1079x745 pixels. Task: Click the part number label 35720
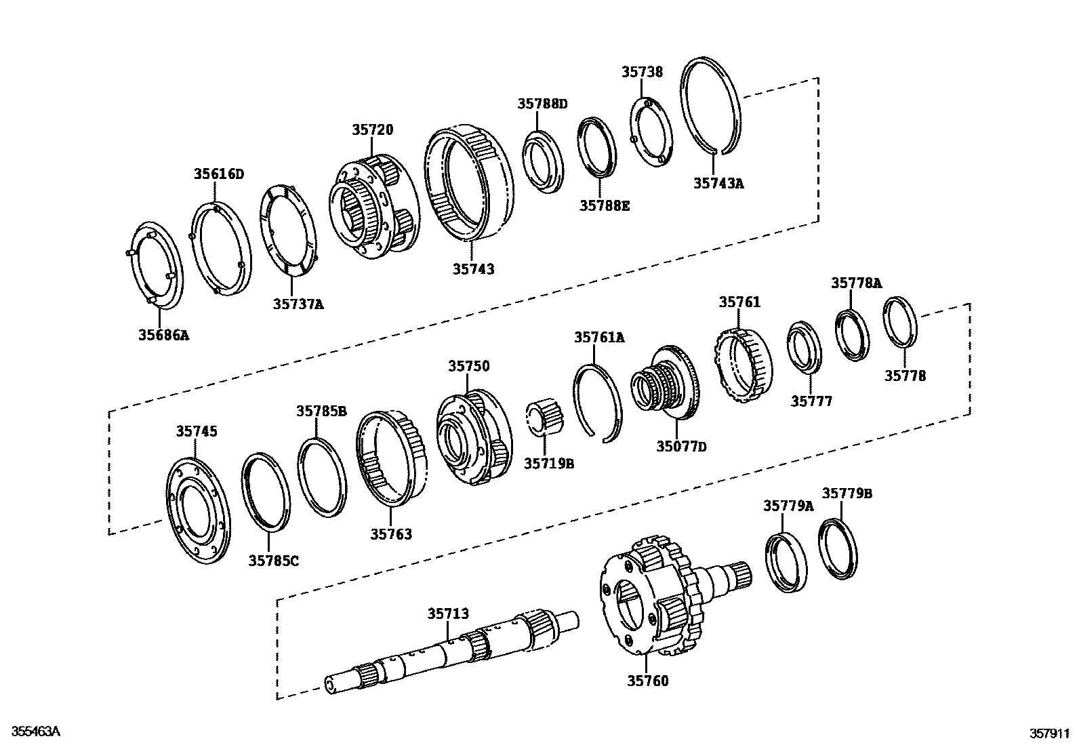pyautogui.click(x=372, y=129)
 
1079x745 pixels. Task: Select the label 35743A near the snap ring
pyautogui.click(x=718, y=183)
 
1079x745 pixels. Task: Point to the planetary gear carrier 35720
pyautogui.click(x=372, y=207)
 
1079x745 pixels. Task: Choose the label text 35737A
pyautogui.click(x=298, y=304)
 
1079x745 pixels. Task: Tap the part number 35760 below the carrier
pyautogui.click(x=647, y=680)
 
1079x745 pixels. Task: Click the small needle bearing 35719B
pyautogui.click(x=546, y=417)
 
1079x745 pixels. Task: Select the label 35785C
pyautogui.click(x=273, y=560)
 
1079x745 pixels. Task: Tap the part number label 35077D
pyautogui.click(x=680, y=446)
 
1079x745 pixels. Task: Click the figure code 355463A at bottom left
pyautogui.click(x=32, y=731)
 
